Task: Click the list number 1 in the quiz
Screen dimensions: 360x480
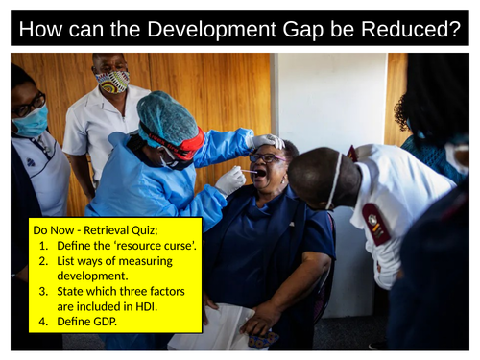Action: point(44,247)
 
